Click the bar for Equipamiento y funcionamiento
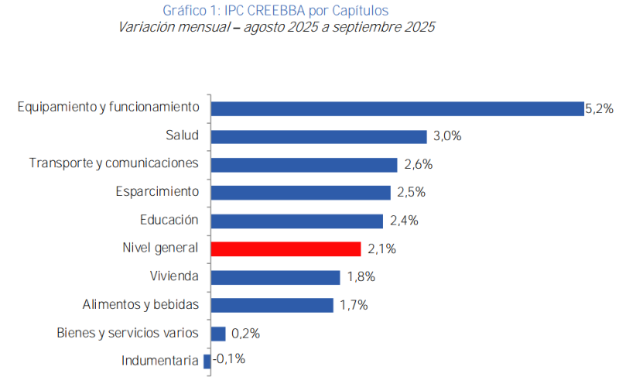397,108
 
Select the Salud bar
319,136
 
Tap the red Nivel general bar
286,248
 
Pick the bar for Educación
297,221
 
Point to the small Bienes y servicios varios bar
218,333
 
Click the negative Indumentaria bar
207,361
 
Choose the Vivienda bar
275,276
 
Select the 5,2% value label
599,109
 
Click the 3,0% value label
447,136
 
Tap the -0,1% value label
228,359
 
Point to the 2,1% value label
381,249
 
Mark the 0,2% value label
245,334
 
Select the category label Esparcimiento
157,191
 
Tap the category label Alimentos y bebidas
141,304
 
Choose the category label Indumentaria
160,360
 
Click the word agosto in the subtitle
268,27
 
